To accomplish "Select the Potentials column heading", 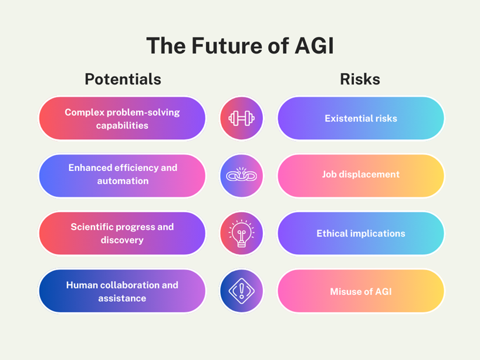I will [123, 79].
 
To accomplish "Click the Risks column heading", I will [360, 79].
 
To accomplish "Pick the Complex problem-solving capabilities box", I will [122, 119].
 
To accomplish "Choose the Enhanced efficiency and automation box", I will [122, 175].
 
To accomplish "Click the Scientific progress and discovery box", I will [122, 233].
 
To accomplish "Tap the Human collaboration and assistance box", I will [122, 291].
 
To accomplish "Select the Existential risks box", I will [360, 119].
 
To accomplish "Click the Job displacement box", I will [360, 175].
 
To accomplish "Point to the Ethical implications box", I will [360, 233].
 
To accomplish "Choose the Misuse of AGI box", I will [360, 291].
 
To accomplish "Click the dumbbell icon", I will [241, 119].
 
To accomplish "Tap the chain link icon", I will [241, 175].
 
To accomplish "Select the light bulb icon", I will [241, 233].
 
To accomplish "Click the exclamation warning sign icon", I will [241, 291].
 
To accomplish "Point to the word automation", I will [123, 181].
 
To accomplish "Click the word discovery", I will [122, 240].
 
